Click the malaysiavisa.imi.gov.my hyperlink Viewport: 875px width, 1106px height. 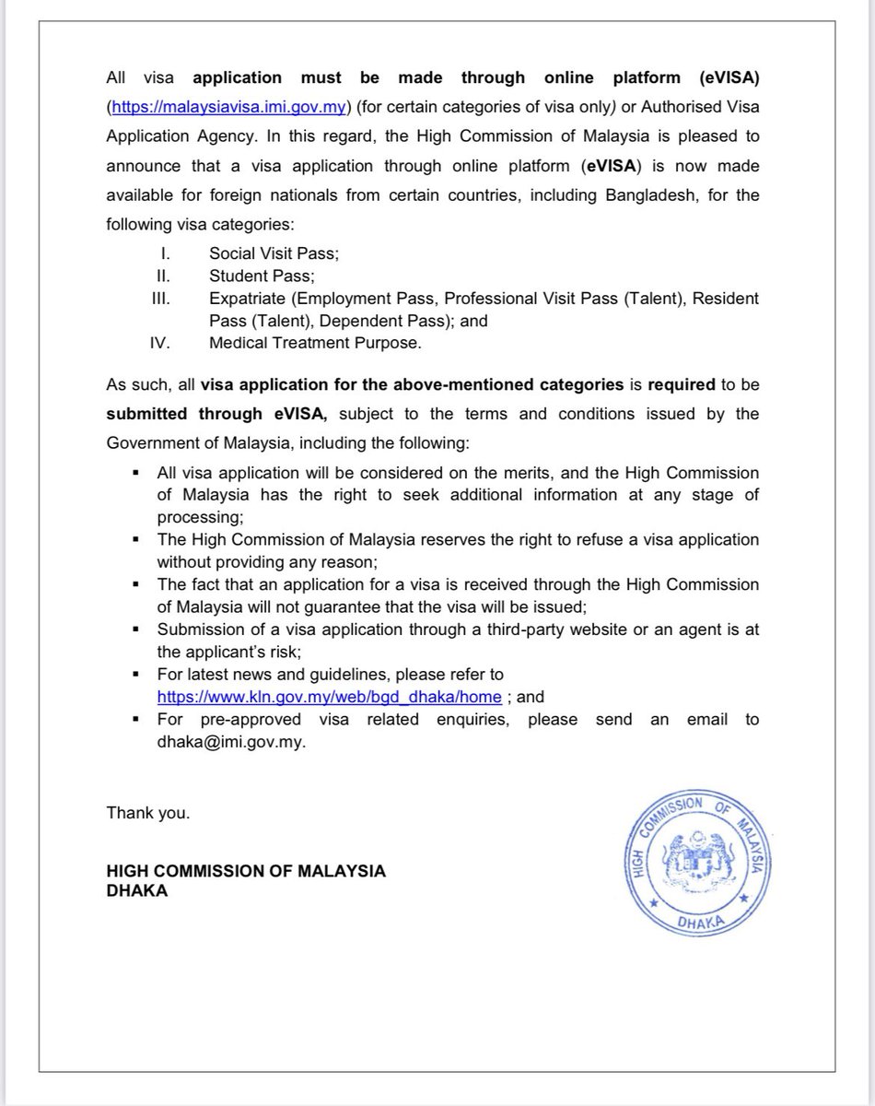(227, 106)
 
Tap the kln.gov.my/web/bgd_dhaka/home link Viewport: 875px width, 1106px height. (330, 696)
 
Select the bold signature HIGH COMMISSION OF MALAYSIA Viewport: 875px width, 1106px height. (246, 871)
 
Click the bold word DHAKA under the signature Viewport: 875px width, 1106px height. (137, 890)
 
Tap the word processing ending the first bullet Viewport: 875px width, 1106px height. (200, 517)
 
